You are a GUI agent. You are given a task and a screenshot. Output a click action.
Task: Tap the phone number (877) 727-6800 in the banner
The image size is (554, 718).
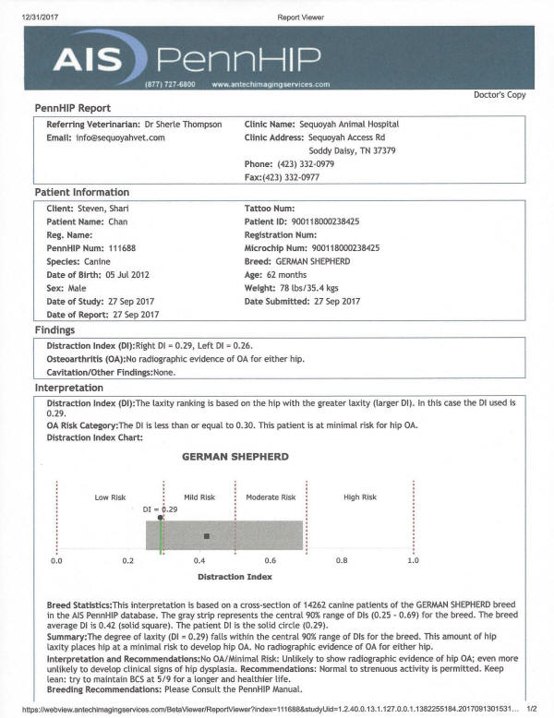point(170,84)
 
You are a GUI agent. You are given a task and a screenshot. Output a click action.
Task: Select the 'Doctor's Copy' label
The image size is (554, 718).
point(500,95)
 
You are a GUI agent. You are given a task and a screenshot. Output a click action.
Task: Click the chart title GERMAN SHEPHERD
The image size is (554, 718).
point(235,457)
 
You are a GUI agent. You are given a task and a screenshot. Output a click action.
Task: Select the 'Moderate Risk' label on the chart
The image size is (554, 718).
point(270,497)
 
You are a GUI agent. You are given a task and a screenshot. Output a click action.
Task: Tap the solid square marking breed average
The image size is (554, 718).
point(207,536)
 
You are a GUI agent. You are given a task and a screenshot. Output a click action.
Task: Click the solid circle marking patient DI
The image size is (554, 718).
point(161,518)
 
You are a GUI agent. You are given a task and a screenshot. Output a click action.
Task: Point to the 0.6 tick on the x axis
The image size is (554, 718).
point(270,560)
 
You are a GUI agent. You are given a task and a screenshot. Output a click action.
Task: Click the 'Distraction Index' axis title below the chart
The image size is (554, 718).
point(235,577)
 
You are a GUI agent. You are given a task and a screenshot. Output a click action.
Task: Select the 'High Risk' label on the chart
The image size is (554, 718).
point(360,497)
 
